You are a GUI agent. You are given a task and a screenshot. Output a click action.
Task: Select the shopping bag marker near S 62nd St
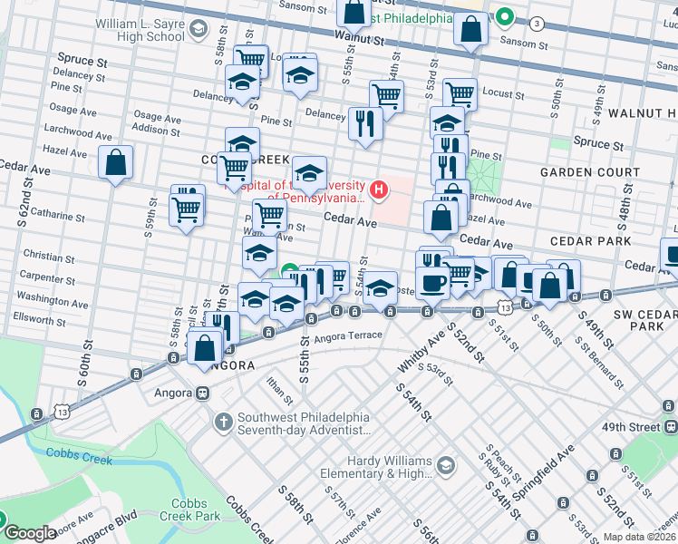[x=115, y=164]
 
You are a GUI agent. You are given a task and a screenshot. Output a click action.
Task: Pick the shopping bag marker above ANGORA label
[x=206, y=347]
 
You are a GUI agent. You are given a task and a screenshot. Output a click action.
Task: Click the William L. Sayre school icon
[x=198, y=30]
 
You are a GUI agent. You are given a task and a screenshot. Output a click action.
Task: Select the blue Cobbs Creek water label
[x=80, y=459]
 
